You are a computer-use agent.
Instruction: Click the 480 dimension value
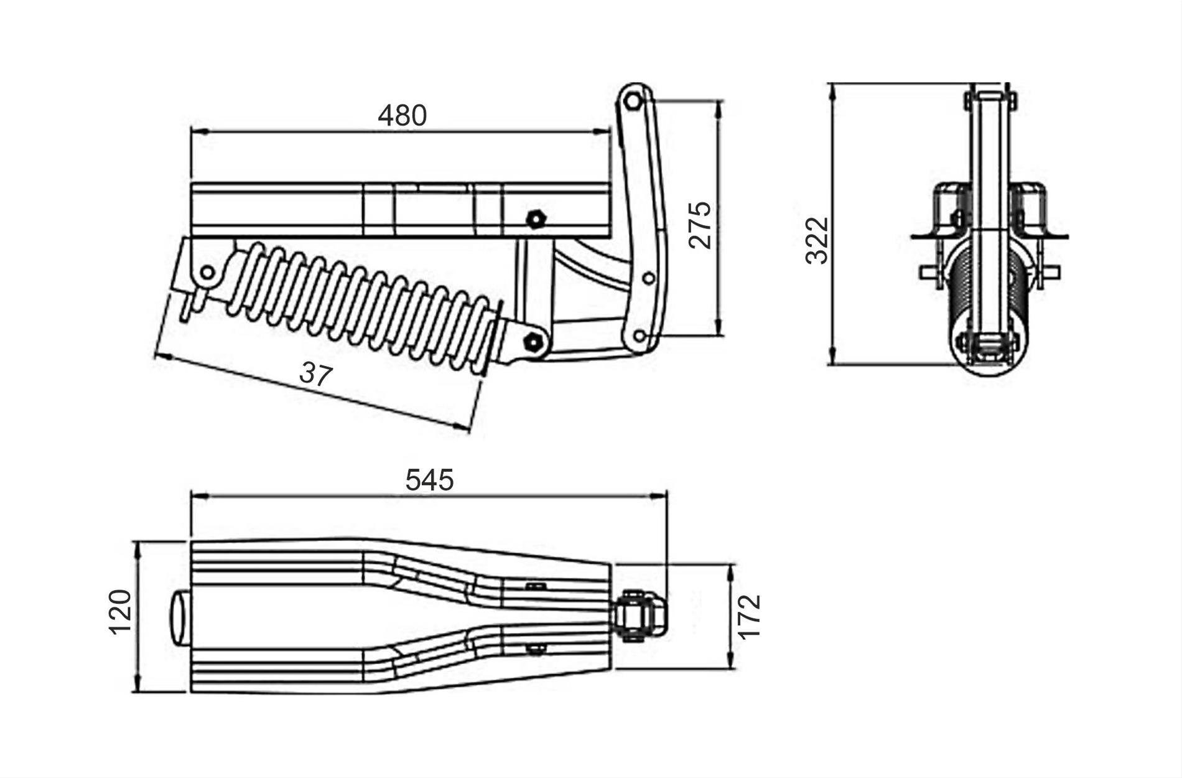click(x=403, y=116)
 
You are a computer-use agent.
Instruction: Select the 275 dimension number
click(x=700, y=225)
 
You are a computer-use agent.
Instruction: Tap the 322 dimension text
click(x=817, y=240)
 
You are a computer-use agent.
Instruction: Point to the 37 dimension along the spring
click(x=316, y=374)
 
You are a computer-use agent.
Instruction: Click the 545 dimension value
click(x=430, y=480)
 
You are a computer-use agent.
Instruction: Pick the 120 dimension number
click(x=120, y=612)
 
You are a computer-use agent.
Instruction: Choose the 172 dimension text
click(x=750, y=616)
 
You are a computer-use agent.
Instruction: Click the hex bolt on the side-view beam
click(x=535, y=220)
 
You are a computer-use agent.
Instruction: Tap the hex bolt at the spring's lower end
click(x=531, y=342)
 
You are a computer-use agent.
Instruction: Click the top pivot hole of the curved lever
click(x=632, y=100)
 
